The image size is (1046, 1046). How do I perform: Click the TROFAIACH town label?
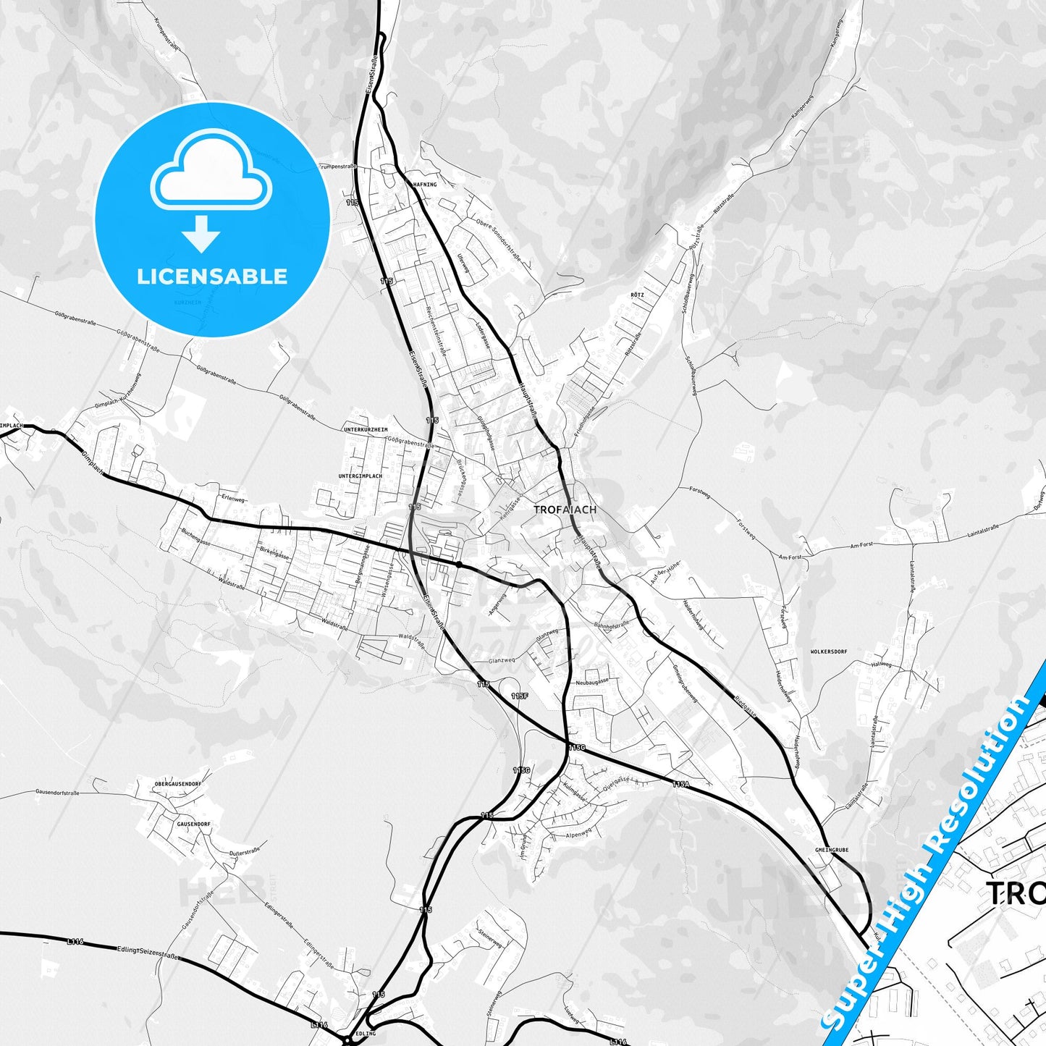pos(565,510)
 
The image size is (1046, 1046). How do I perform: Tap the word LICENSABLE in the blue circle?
pos(212,277)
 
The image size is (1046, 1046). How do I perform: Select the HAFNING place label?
pos(424,185)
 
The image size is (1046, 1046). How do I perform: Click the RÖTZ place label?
pos(637,295)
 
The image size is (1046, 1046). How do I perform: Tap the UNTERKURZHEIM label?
pos(366,430)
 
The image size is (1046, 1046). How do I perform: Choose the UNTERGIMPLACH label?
pos(360,476)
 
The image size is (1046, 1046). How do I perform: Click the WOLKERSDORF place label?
pos(828,651)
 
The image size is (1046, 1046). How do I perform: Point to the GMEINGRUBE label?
pos(831,850)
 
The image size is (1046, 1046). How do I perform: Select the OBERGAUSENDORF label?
pos(177,784)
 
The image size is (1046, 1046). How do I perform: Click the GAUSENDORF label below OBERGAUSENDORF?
pos(193,824)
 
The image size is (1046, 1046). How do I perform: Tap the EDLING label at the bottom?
pos(366,1034)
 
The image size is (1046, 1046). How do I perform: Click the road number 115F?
pos(519,696)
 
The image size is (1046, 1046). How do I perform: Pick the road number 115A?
pos(680,784)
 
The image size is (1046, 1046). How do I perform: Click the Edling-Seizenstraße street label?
pos(147,953)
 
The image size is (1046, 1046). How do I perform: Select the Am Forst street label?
pos(790,557)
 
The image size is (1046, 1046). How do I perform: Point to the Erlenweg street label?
pos(234,499)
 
